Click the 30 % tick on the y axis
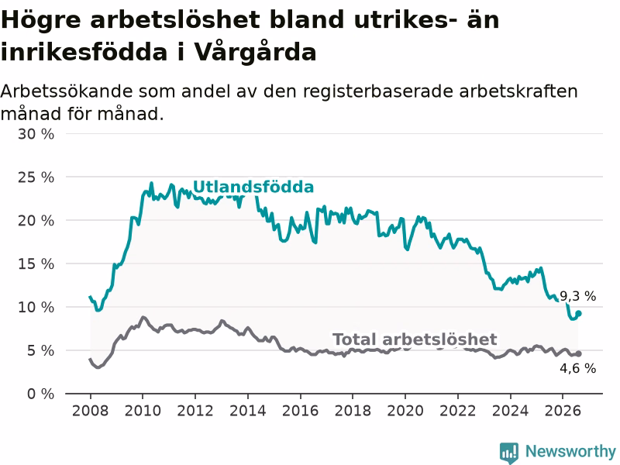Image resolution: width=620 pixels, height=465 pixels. (36, 134)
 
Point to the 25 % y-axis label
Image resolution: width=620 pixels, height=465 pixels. (36, 177)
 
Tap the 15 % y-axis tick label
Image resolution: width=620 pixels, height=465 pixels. (36, 264)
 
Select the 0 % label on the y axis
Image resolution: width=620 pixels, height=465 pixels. (41, 394)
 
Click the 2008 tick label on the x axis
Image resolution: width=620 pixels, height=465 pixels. (90, 411)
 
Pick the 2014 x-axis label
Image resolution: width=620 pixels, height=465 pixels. (247, 411)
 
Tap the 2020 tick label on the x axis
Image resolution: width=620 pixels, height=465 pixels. (405, 411)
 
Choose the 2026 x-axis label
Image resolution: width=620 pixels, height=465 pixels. (563, 411)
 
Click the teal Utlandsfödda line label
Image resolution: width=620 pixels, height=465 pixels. (253, 187)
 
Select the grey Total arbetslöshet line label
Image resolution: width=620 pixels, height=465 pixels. (415, 339)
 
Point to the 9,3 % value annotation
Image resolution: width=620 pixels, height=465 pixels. (577, 296)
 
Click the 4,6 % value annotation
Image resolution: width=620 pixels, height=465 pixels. (577, 369)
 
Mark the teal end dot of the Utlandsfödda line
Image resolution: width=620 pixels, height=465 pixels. (578, 314)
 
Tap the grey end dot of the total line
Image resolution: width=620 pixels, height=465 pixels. (578, 354)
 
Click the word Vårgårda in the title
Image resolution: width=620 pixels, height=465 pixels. (255, 52)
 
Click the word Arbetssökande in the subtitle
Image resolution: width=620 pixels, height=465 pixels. (67, 91)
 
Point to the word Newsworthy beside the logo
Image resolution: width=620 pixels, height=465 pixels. (570, 451)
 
